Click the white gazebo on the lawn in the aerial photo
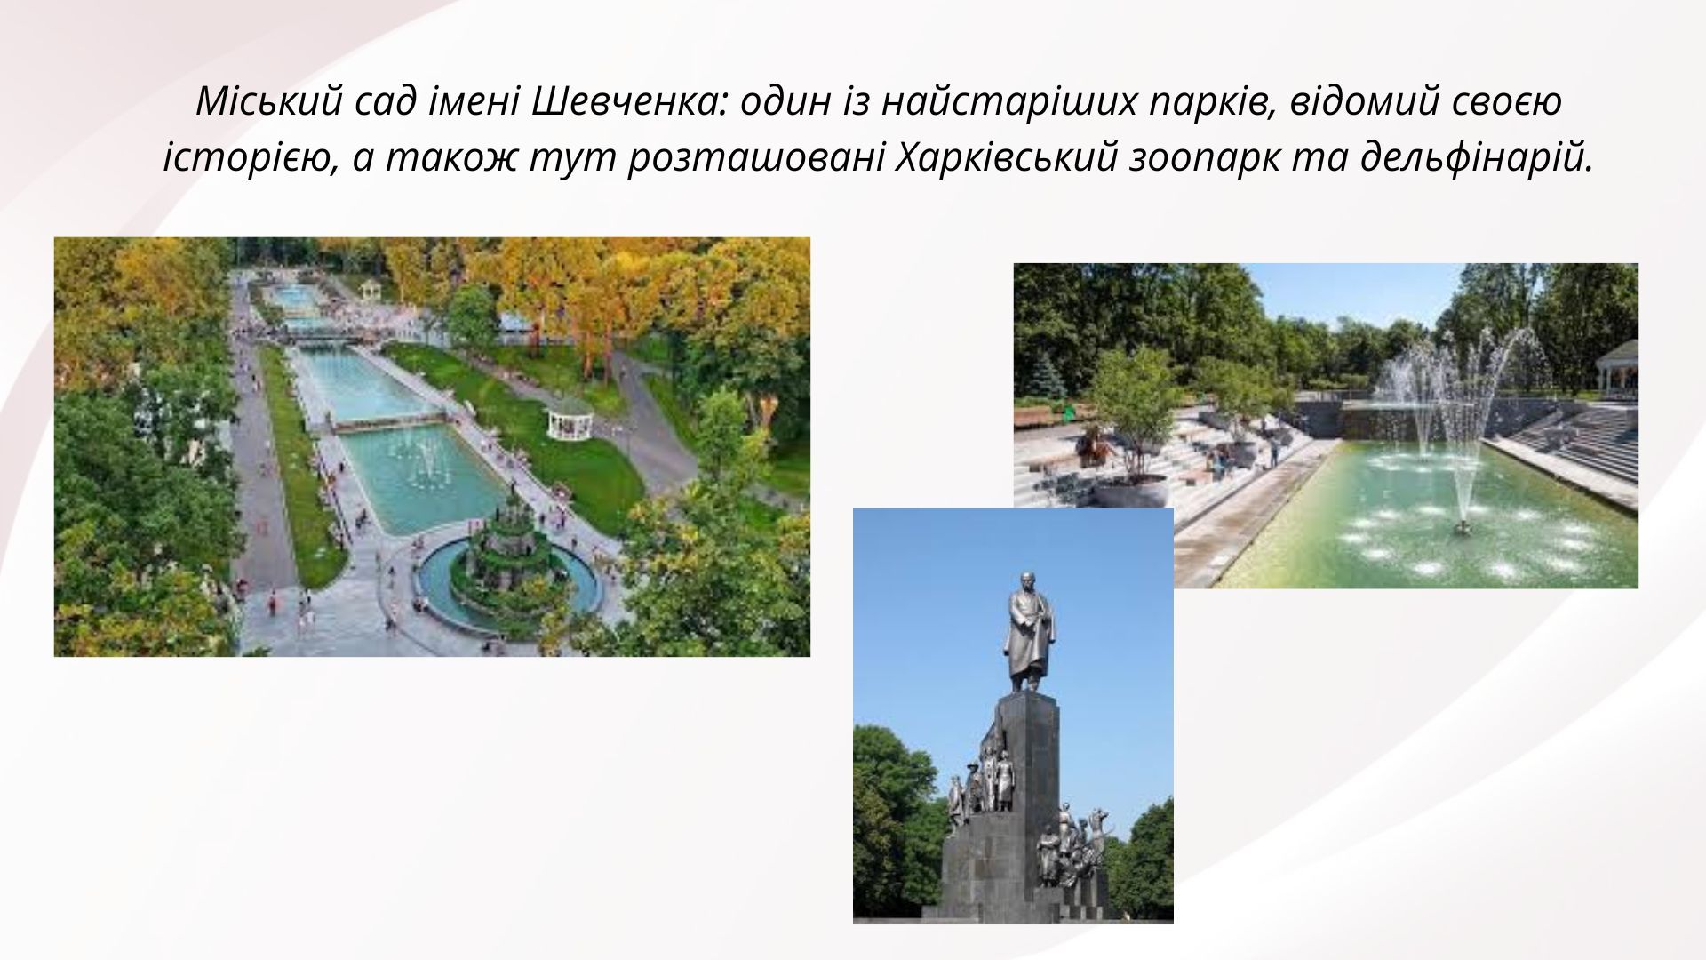569,417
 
